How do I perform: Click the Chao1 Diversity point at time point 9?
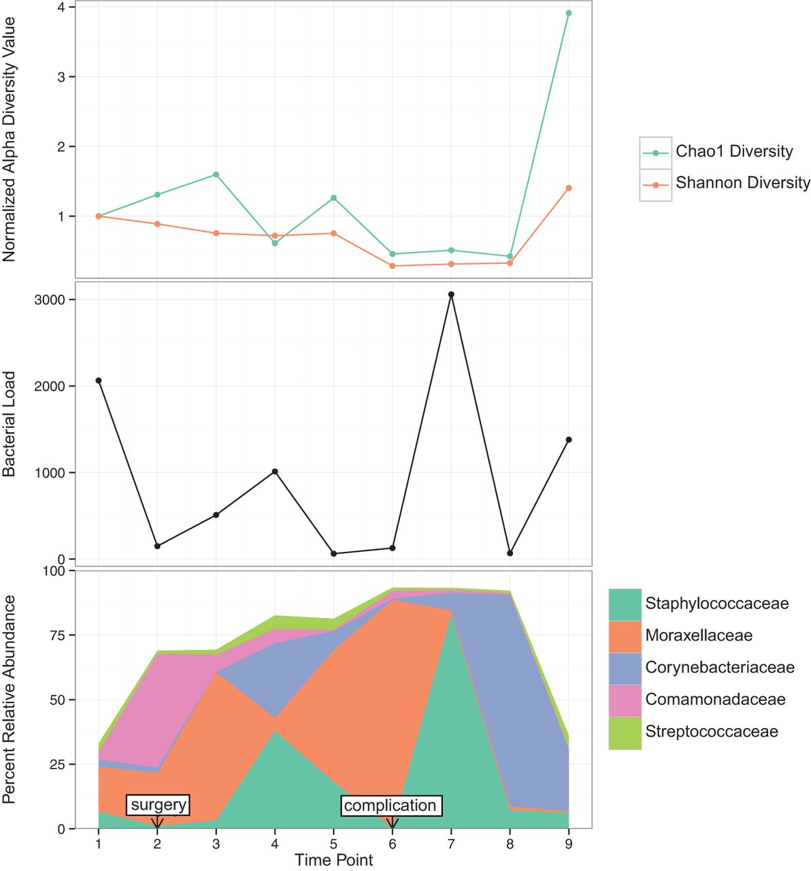tap(569, 13)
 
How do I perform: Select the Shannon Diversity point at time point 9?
tap(569, 188)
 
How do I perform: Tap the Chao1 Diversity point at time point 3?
tap(216, 175)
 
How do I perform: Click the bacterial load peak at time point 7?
tap(451, 295)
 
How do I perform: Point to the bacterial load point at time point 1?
tap(99, 380)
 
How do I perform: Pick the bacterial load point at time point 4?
tap(275, 472)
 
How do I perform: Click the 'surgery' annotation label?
tap(159, 805)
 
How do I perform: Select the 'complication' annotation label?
tap(390, 806)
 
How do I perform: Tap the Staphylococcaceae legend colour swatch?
tap(625, 604)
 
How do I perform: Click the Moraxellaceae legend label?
tap(699, 636)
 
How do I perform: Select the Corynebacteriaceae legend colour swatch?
tap(625, 668)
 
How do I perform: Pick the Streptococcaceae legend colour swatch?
tap(625, 732)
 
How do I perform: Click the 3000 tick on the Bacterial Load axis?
tap(51, 300)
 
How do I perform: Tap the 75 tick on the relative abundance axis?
tap(58, 636)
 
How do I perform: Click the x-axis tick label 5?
tap(333, 844)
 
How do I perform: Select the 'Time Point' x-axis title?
tap(333, 859)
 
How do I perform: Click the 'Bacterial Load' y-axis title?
tap(10, 423)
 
